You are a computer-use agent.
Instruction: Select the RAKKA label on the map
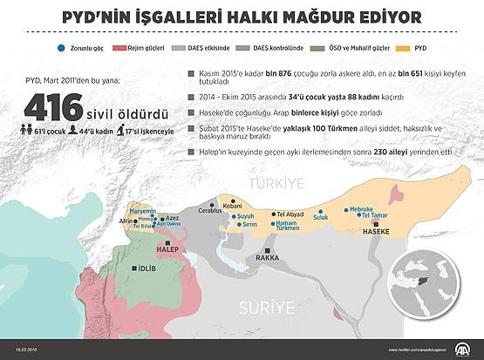tap(268, 258)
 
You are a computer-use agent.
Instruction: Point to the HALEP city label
tap(166, 248)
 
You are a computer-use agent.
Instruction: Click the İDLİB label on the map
tap(147, 268)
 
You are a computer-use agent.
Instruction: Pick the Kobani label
tap(233, 206)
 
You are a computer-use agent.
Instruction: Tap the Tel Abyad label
tap(290, 214)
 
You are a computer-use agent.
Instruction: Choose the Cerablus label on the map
tap(210, 211)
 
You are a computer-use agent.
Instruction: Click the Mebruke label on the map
tap(361, 210)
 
